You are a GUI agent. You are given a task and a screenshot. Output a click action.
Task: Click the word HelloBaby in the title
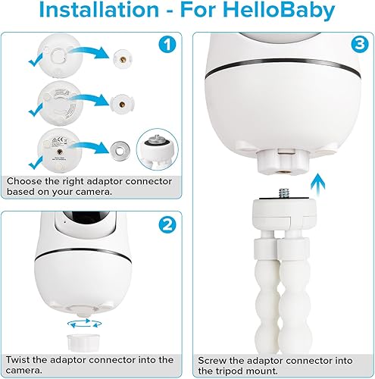point(286,12)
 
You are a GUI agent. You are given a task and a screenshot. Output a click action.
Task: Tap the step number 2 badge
point(167,225)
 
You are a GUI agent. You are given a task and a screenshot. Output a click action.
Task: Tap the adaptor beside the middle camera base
point(122,103)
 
